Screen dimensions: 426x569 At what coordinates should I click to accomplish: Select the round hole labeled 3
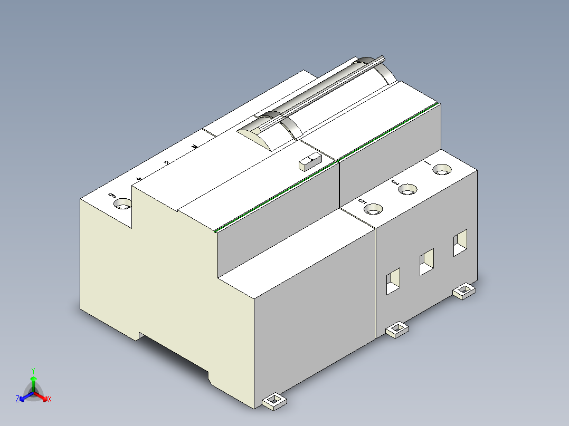tap(407, 189)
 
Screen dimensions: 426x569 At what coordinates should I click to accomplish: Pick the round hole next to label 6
tap(124, 204)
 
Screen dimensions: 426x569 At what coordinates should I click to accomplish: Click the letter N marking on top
tap(195, 147)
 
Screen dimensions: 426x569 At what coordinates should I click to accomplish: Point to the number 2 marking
tap(166, 162)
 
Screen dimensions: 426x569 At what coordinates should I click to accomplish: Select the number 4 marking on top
tap(139, 179)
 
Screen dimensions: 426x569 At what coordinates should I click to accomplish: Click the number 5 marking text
tap(362, 202)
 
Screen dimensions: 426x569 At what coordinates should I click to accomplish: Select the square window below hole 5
tap(393, 281)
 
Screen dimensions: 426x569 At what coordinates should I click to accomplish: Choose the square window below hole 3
tap(426, 262)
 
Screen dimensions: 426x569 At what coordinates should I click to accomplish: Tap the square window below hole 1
tap(460, 243)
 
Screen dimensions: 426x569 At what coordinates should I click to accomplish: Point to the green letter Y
tap(33, 370)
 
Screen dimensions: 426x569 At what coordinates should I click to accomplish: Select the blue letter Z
tap(17, 400)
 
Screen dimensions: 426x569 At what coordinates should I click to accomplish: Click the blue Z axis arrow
tap(24, 396)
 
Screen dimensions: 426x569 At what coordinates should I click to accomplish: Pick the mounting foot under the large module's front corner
tap(274, 402)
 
